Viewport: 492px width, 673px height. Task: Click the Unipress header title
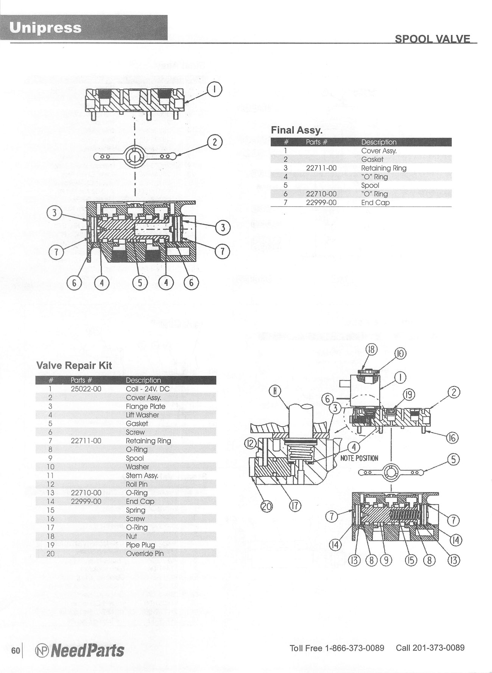(45, 28)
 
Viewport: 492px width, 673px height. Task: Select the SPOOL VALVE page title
(432, 39)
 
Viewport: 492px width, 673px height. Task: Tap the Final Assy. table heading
(296, 130)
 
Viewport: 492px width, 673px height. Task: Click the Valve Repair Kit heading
(74, 365)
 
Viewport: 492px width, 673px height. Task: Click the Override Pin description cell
(145, 553)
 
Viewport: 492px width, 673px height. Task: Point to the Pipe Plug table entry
(140, 545)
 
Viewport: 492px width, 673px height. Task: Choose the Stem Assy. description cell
(142, 476)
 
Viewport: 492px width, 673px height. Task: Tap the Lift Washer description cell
(142, 415)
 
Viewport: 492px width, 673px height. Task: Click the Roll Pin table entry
(137, 484)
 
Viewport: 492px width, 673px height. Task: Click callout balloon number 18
(371, 349)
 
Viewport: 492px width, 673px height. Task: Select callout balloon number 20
(268, 506)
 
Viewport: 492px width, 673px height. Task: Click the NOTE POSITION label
(359, 458)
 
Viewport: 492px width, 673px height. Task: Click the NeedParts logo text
(86, 651)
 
